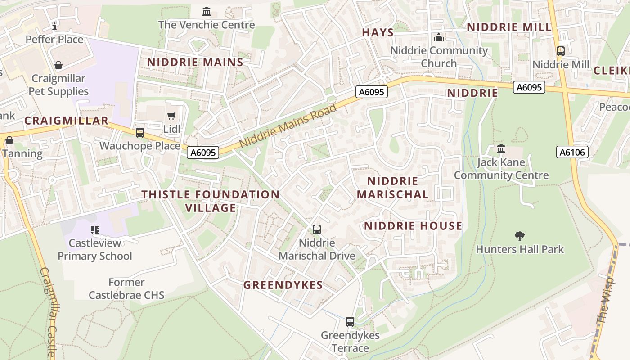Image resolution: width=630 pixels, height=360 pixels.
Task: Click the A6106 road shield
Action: (x=572, y=153)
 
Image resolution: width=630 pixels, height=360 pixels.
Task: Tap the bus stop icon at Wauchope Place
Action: (x=140, y=133)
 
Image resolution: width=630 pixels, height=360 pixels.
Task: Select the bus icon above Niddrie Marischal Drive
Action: (x=317, y=229)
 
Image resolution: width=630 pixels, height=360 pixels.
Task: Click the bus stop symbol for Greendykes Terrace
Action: (x=350, y=322)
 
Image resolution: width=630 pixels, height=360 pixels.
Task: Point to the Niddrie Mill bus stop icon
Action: (x=561, y=51)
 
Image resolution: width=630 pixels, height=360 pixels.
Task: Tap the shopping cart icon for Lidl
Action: (x=171, y=117)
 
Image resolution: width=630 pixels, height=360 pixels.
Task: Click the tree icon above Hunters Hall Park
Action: (x=520, y=236)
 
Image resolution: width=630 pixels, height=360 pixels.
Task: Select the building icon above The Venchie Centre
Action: (x=207, y=11)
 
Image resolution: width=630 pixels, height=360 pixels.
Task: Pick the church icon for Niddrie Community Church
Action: (x=439, y=37)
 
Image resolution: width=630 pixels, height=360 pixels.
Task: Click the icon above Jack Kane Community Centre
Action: (x=501, y=148)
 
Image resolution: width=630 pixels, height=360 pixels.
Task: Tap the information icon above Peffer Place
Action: (x=54, y=26)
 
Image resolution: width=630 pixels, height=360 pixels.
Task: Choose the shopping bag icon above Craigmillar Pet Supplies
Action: (x=58, y=66)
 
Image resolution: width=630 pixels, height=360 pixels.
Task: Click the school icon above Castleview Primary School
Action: (x=95, y=230)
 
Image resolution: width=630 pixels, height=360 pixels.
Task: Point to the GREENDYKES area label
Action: (x=283, y=285)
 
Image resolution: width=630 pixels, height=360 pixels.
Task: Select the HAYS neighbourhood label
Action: (x=378, y=32)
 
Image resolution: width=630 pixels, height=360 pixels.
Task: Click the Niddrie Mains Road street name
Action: (x=288, y=126)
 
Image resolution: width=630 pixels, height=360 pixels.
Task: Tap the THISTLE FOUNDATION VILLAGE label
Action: (x=211, y=201)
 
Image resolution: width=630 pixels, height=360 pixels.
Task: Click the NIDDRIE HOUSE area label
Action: (x=413, y=226)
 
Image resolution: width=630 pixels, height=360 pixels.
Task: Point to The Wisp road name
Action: (x=603, y=306)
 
